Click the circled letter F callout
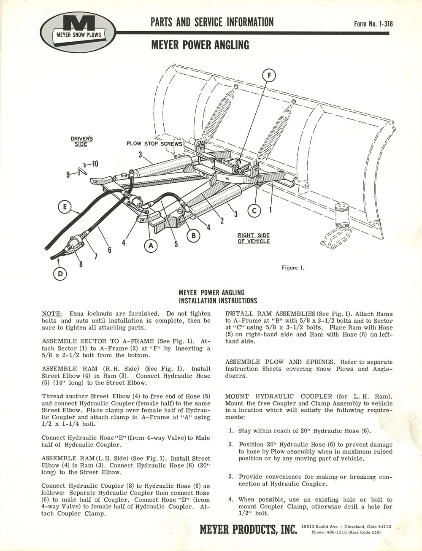(x=269, y=76)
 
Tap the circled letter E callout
(x=65, y=207)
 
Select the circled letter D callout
(x=60, y=274)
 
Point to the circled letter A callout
(x=151, y=246)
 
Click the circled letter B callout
(x=193, y=236)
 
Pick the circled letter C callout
(x=254, y=211)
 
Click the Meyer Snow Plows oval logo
(x=78, y=33)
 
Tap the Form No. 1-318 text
(x=373, y=24)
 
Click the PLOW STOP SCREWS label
(x=154, y=144)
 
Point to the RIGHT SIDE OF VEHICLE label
(x=254, y=238)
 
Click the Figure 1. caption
(x=293, y=268)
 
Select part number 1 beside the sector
(x=271, y=209)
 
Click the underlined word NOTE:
(x=51, y=313)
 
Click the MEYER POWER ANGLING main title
(x=200, y=45)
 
